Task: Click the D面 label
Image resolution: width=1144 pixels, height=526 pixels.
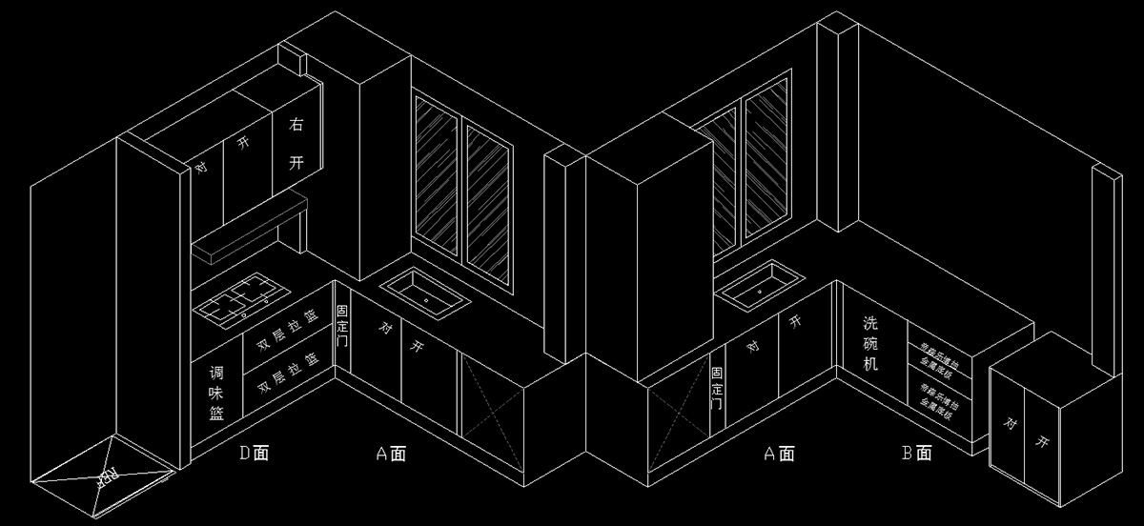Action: coord(254,453)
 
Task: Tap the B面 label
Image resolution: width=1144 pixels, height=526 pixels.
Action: coord(916,454)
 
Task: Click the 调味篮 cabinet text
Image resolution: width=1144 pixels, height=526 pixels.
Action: coord(216,393)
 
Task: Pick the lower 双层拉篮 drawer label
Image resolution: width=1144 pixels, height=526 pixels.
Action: coord(286,378)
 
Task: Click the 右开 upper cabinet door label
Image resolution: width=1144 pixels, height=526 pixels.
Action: coord(296,143)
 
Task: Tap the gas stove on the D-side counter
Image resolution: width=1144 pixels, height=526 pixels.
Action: coord(240,296)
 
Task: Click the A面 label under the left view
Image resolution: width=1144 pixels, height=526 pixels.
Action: coord(391,454)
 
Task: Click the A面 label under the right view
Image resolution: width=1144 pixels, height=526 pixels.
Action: coord(779,454)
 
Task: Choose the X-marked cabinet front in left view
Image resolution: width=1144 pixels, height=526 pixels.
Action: coord(491,399)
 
